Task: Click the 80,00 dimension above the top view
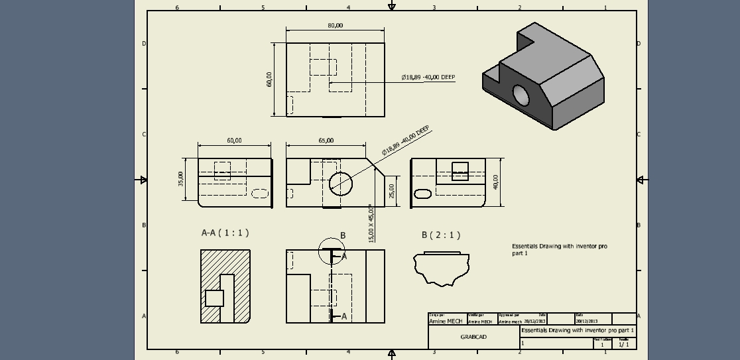(335, 25)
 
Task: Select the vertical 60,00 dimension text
(269, 80)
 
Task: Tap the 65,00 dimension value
(326, 141)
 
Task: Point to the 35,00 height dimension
(181, 179)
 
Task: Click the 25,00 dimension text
(392, 191)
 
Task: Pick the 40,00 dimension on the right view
(496, 182)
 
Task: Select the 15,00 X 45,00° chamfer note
(371, 223)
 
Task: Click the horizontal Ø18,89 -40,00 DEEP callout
(428, 78)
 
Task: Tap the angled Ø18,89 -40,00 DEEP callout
(405, 140)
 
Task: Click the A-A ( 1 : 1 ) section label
(225, 233)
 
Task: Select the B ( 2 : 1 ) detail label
(441, 235)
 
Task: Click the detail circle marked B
(331, 251)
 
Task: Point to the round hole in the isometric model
(521, 95)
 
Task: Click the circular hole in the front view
(341, 183)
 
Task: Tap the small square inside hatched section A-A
(214, 298)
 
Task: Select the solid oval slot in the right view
(422, 194)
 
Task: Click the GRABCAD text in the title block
(473, 337)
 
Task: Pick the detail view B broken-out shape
(441, 268)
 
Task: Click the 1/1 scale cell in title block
(623, 344)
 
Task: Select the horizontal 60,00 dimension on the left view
(234, 141)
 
